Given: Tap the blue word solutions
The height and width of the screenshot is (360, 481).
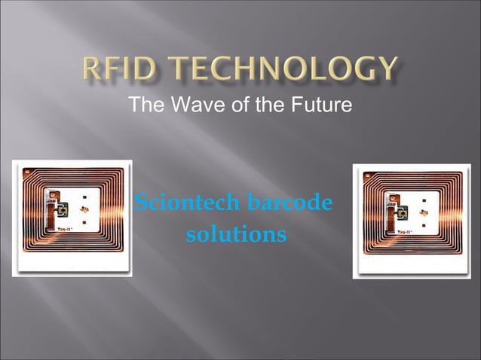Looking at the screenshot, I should coord(236,235).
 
